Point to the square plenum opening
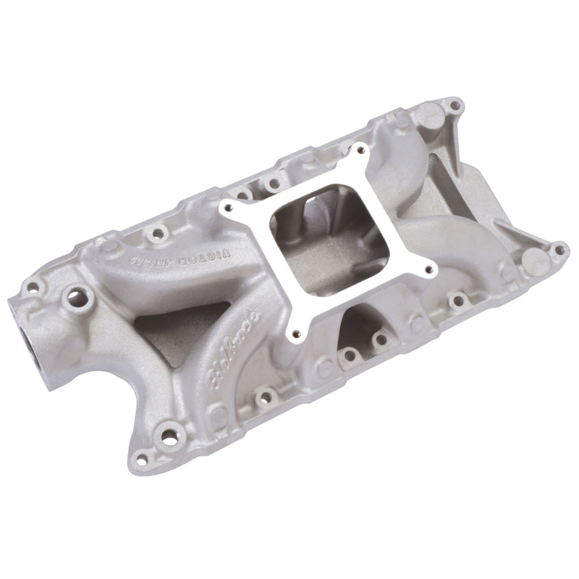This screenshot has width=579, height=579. click(329, 238)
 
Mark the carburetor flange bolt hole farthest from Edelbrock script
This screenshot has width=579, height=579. click(358, 149)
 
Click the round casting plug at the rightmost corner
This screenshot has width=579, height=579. click(535, 258)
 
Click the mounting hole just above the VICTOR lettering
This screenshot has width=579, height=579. click(154, 234)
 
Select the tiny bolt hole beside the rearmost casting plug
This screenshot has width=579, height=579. click(454, 106)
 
